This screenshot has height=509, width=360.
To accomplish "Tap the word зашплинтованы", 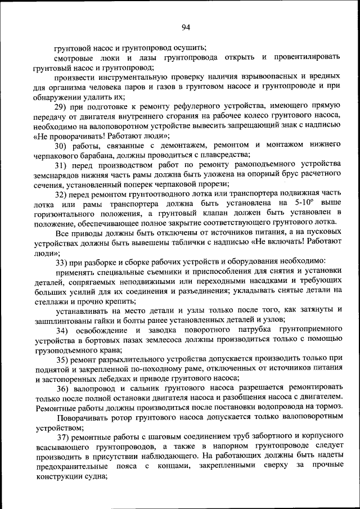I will [64, 319].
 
